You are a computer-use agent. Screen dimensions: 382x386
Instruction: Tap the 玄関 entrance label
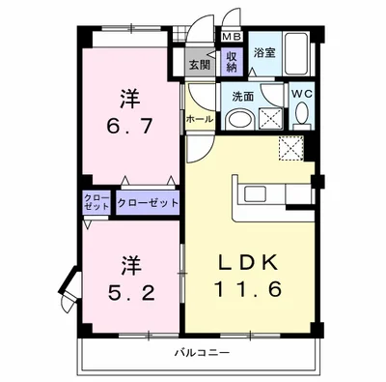[199, 65]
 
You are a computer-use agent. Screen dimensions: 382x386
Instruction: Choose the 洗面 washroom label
[243, 96]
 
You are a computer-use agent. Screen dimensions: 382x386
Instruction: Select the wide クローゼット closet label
[148, 203]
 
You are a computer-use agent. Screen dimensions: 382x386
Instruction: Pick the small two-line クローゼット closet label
[96, 203]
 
